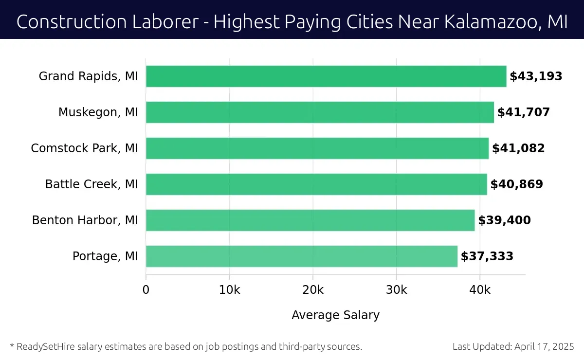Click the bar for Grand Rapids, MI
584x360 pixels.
click(326, 76)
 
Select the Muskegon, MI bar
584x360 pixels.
click(320, 112)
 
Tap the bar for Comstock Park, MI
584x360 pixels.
click(317, 148)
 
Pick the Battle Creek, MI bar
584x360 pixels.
click(316, 184)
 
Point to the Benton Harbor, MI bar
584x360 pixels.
click(310, 220)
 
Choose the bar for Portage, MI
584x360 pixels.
click(302, 256)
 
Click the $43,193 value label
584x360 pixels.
click(536, 76)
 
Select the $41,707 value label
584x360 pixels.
click(524, 112)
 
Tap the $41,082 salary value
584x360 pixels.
click(518, 148)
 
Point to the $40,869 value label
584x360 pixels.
click(517, 184)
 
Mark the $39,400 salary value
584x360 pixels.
click(504, 220)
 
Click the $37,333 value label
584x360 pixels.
click(487, 256)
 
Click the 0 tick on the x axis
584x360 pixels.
click(146, 290)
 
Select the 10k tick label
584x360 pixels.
click(229, 290)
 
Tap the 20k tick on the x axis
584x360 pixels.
click(313, 290)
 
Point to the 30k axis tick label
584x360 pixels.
click(396, 290)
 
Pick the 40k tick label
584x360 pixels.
click(480, 290)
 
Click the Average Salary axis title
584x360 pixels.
click(335, 315)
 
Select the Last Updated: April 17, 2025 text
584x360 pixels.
click(513, 347)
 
